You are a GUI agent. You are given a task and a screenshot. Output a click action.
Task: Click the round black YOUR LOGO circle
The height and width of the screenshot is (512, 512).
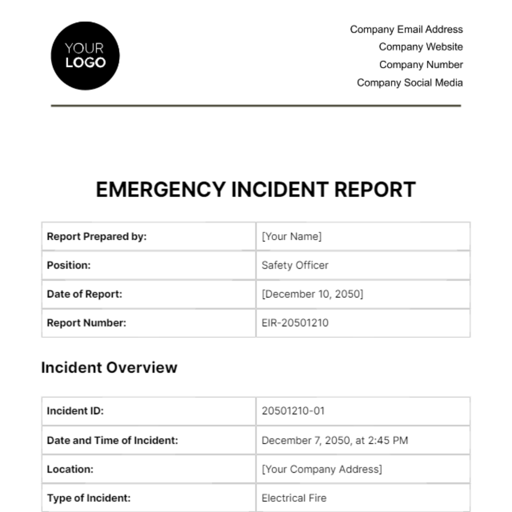(85, 56)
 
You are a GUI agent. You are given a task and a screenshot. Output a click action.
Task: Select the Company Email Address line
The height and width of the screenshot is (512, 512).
(406, 29)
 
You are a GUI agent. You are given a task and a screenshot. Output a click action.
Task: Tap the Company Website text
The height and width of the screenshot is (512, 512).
(421, 47)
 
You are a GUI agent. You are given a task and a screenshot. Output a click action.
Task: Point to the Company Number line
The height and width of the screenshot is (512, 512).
(421, 65)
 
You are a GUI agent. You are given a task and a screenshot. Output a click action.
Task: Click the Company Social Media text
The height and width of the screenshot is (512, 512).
(410, 83)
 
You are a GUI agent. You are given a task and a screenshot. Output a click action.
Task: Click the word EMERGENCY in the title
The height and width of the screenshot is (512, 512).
(160, 189)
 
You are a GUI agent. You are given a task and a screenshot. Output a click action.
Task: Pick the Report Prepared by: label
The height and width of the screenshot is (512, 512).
(96, 236)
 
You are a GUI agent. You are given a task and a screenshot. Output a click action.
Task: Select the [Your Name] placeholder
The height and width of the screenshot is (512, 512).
(292, 236)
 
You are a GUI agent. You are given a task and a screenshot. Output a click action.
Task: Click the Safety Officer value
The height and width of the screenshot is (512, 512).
(295, 265)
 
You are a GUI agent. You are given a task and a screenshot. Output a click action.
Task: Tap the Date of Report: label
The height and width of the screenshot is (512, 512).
(84, 294)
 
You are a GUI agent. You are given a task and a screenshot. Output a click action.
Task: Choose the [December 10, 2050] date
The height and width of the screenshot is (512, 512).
(312, 294)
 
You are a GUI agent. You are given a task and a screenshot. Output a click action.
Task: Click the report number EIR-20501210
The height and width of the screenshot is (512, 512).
(295, 323)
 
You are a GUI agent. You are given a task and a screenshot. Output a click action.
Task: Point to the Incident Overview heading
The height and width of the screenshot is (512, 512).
(109, 367)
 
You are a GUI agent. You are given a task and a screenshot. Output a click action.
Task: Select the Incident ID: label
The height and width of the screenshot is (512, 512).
(75, 411)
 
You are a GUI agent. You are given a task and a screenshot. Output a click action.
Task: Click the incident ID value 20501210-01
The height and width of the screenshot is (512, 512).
(293, 411)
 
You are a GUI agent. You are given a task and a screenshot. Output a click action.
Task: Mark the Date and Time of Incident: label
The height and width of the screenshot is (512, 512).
(112, 440)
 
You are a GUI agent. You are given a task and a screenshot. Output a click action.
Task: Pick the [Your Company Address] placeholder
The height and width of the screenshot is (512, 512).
(322, 469)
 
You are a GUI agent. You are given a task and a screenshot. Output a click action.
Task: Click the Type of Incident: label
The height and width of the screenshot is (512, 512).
(89, 498)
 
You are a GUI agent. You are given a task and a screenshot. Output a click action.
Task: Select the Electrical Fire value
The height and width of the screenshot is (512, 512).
(294, 498)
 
